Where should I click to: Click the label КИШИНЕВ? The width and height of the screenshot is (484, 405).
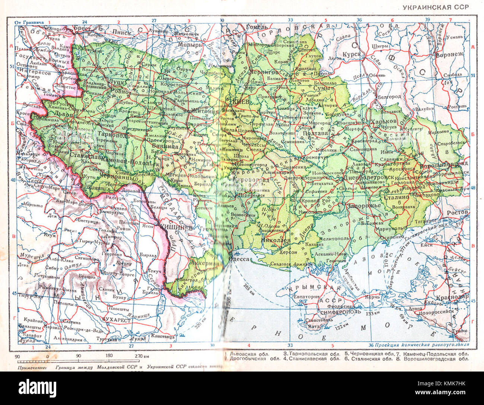172,228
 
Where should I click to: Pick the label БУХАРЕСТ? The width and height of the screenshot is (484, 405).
116,320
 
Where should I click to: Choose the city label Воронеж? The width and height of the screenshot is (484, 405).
450,54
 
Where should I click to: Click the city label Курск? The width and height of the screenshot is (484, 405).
351,54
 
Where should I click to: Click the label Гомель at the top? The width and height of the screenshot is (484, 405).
257,27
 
